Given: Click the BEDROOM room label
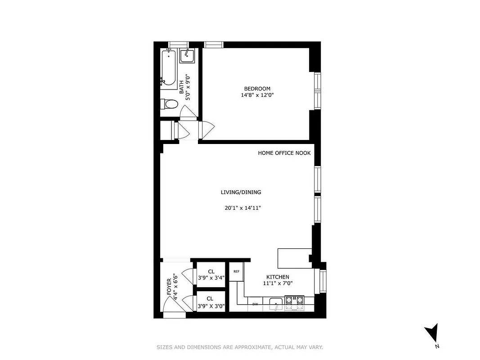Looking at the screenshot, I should (257, 89).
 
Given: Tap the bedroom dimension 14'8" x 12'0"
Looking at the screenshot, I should (257, 95).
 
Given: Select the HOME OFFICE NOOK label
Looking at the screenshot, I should (284, 153).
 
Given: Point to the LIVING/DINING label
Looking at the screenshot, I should (241, 192).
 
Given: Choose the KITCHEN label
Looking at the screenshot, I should (278, 277).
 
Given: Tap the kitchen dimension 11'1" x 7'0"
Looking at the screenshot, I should (278, 283).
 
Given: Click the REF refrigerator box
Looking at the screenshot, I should (236, 272).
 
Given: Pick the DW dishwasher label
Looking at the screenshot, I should (255, 304).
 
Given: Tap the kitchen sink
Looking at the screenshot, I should (275, 303).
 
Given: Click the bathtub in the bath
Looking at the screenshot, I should (169, 67).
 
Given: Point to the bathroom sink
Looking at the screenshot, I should (187, 56).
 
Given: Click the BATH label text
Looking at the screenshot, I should (182, 87).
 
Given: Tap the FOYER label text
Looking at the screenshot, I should (169, 287).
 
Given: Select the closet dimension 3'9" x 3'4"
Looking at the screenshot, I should (211, 278).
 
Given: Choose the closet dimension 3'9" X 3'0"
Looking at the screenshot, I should (211, 305).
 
